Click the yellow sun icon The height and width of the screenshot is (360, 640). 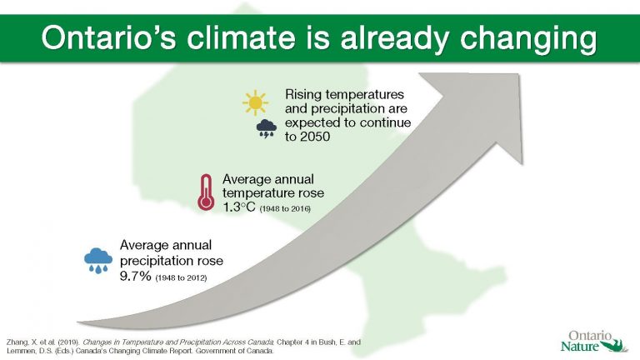[x=254, y=102]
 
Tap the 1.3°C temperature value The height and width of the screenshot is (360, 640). [x=242, y=207]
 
